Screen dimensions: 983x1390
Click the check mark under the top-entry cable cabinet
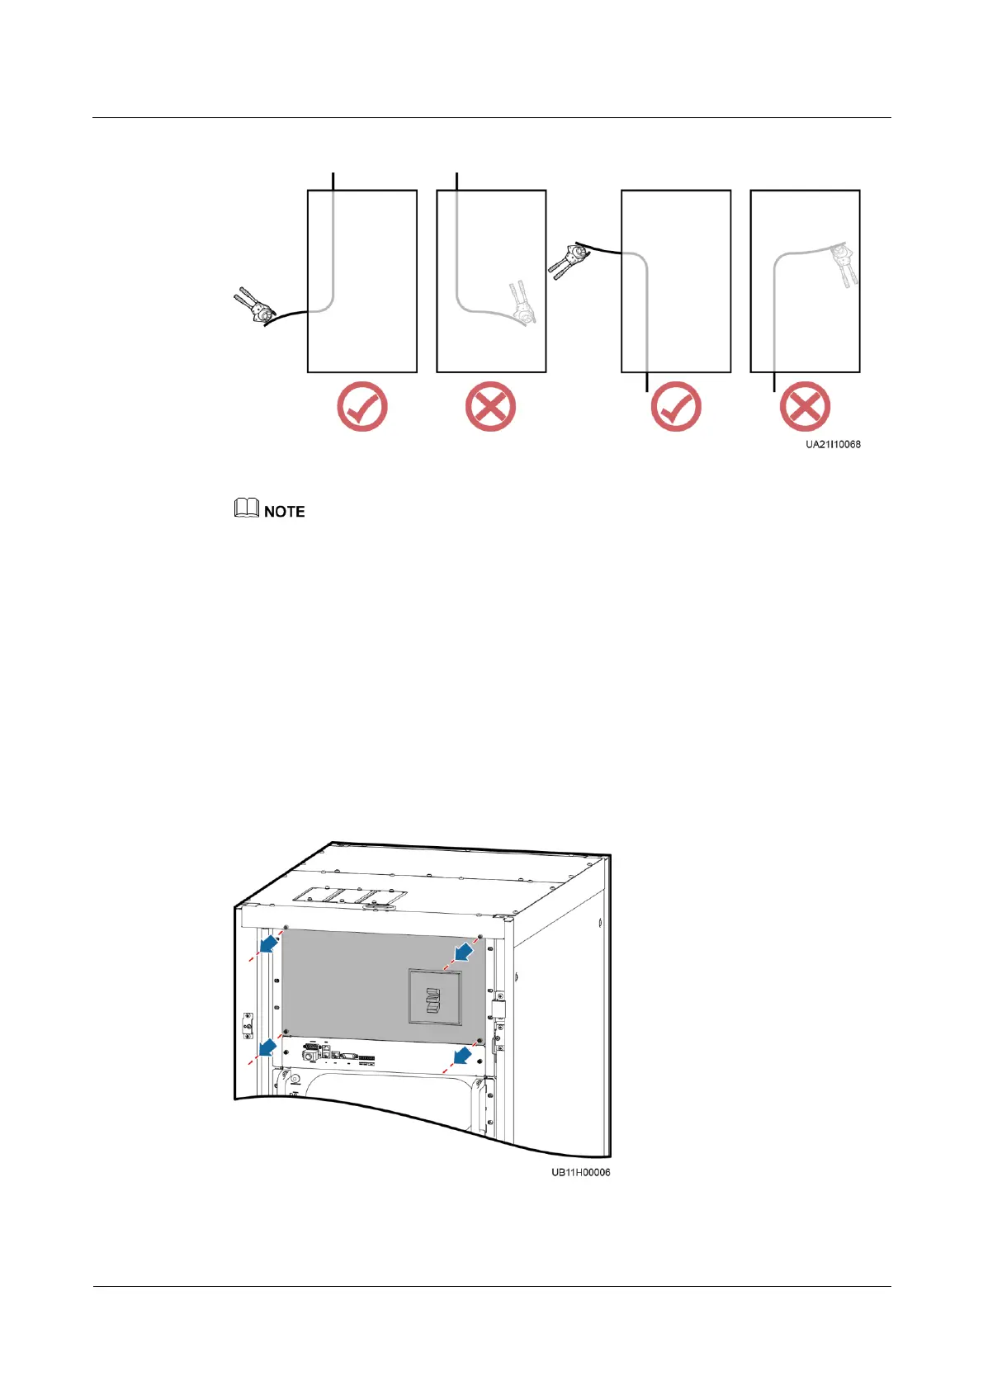pos(362,407)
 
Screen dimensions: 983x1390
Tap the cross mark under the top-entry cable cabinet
pos(490,407)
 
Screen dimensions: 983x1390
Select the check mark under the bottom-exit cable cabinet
pos(675,407)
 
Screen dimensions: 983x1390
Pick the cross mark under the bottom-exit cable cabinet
pos(805,407)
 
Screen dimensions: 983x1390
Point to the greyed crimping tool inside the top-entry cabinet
pos(519,304)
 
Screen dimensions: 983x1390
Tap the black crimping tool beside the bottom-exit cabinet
pos(567,258)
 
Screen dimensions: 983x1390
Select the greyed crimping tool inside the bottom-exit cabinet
pos(846,263)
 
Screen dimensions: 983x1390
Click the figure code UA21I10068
pos(833,444)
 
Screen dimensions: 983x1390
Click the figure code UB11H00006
pos(581,1172)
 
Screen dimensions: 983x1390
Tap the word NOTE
pos(285,512)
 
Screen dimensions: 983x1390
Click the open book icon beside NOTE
pos(247,508)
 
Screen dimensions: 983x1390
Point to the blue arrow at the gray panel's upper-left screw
pos(268,943)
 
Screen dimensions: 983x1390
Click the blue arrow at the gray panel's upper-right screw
pos(464,953)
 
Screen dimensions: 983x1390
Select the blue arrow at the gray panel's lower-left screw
pos(267,1047)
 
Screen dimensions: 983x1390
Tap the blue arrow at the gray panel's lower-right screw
pos(462,1055)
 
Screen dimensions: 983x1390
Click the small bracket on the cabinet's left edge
pos(247,1024)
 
